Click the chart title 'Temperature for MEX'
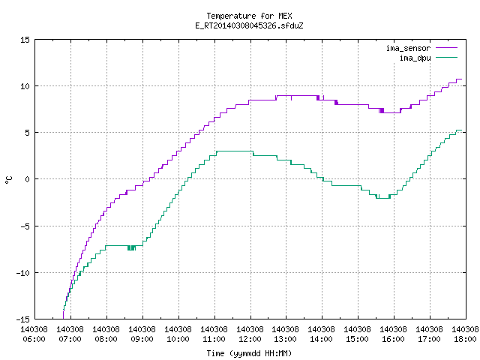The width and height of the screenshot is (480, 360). point(249,16)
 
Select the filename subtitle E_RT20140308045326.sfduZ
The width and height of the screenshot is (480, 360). point(249,25)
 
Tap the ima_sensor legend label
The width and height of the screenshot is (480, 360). point(408,48)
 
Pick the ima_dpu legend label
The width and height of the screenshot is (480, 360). point(415,58)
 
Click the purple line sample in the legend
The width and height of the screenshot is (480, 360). point(447,48)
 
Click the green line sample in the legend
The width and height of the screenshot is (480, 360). point(447,57)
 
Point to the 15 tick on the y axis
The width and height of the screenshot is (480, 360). point(25,40)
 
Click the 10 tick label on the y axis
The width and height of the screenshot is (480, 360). point(25,86)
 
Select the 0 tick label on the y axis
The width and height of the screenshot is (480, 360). point(28,179)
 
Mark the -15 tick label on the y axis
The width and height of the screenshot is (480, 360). point(23,319)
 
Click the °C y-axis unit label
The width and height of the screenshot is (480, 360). point(9,180)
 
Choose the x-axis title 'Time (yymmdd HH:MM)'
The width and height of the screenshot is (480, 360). point(249,353)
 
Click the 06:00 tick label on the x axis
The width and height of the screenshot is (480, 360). point(34,339)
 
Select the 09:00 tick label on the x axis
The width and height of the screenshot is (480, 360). point(142,339)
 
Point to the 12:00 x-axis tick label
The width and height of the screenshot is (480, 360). point(250,339)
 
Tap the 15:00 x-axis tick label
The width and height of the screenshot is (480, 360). point(358,339)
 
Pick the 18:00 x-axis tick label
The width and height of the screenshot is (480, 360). point(465,339)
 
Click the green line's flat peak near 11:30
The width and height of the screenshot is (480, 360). point(235,151)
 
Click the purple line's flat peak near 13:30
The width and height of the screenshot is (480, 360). point(297,96)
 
